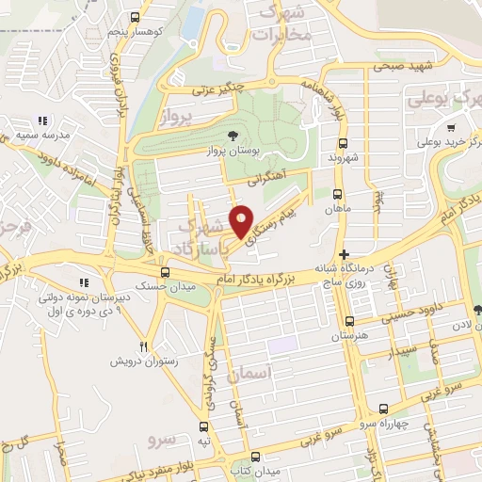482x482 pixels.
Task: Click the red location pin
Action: click(242, 221)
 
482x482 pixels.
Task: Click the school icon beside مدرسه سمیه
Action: click(42, 121)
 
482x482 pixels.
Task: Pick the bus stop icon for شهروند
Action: click(341, 143)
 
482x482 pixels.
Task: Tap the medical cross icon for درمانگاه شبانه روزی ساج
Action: click(345, 254)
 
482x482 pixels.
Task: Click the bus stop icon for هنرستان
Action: click(349, 321)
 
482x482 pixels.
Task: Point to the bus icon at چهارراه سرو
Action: click(383, 409)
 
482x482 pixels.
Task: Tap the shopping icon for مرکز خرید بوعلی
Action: click(452, 127)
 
